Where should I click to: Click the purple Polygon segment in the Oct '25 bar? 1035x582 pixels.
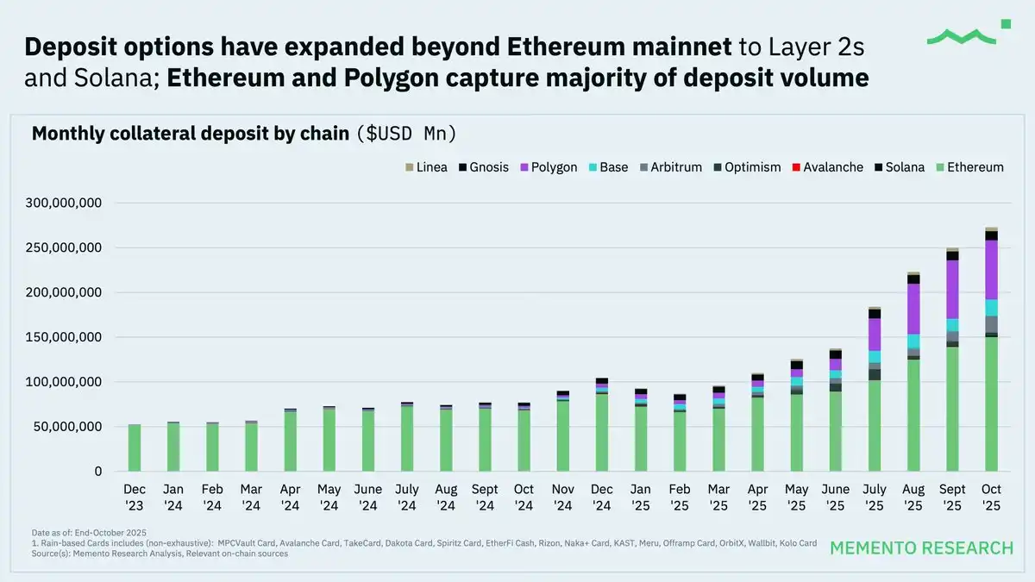(991, 269)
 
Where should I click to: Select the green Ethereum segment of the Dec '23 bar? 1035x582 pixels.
(135, 447)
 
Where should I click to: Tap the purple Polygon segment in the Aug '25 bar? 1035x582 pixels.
(913, 309)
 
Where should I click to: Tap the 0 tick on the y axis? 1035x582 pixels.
(98, 472)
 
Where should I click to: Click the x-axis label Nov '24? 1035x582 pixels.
(562, 497)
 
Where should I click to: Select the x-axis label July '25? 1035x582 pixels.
(875, 497)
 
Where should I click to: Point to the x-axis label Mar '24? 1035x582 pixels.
(251, 497)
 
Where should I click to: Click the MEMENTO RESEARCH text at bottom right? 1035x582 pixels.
(921, 548)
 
